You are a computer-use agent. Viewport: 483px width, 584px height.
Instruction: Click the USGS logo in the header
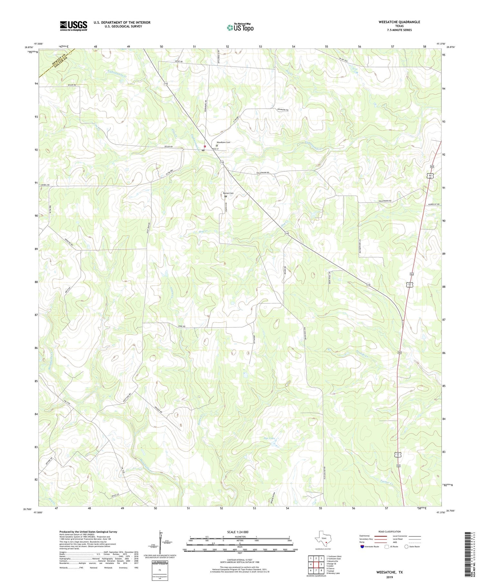click(73, 26)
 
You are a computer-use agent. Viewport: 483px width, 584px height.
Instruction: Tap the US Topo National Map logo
click(240, 27)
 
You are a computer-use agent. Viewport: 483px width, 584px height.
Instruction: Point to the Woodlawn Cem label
click(223, 142)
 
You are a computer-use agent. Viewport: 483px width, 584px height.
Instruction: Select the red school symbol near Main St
click(205, 146)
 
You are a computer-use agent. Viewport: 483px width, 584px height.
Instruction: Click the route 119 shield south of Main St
click(222, 162)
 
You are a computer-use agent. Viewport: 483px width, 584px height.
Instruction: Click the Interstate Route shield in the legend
click(363, 547)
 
